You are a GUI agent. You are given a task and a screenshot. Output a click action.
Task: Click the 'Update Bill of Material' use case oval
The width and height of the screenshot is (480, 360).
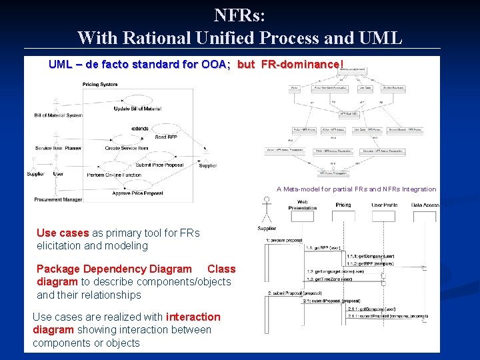tap(141, 100)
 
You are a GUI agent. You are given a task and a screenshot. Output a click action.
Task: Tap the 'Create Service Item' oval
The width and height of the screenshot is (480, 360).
tap(127, 140)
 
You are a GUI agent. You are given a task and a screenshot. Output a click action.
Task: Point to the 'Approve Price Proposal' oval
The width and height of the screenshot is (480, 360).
tap(137, 185)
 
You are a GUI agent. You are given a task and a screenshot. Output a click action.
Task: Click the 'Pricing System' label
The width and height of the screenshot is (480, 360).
tap(100, 84)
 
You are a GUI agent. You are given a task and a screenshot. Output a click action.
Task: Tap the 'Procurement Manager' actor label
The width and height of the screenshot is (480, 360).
tap(59, 199)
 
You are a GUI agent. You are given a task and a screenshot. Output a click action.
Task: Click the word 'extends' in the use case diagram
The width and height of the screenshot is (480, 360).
tap(140, 128)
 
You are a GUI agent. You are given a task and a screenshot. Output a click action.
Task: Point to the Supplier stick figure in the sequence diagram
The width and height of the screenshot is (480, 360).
tap(267, 211)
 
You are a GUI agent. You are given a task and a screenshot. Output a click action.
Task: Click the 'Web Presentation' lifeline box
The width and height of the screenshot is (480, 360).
tap(302, 215)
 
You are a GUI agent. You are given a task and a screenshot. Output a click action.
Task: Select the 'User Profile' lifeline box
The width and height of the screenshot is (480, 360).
tap(383, 215)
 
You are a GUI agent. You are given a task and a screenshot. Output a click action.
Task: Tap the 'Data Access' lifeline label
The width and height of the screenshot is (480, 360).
tap(425, 205)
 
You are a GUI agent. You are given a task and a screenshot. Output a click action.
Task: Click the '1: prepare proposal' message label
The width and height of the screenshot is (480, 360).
tap(286, 240)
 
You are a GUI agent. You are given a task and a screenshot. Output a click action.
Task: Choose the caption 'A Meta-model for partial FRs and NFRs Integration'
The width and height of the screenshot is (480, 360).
tap(357, 189)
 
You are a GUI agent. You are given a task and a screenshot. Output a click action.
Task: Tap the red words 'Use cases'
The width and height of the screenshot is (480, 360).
tap(63, 233)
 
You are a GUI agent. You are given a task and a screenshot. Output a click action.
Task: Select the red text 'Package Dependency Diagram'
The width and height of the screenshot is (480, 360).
tap(114, 269)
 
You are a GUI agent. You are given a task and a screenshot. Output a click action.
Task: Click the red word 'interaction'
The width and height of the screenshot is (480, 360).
tap(193, 317)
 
